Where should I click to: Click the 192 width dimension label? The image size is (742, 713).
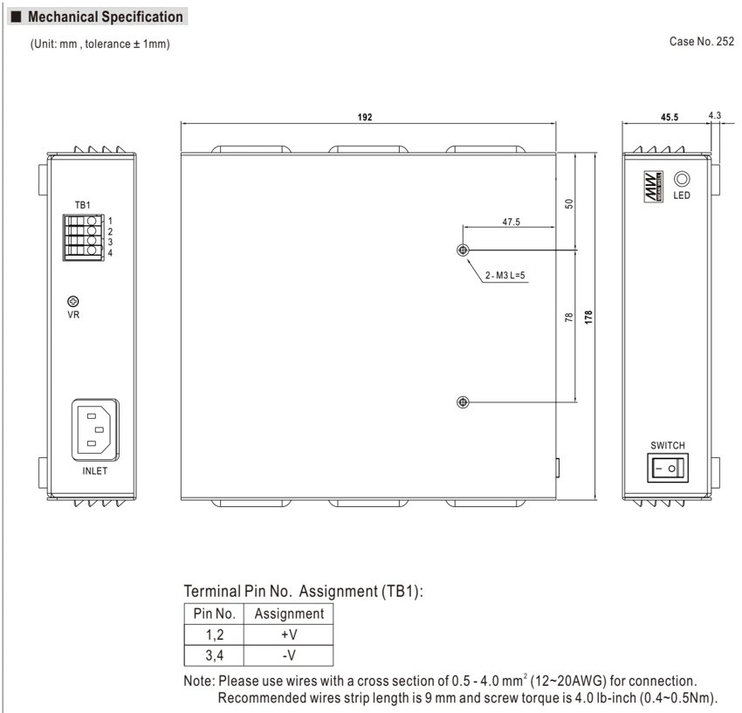pos(364,117)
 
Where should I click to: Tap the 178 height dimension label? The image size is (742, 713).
pos(588,317)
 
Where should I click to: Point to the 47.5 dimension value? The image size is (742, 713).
pos(511,222)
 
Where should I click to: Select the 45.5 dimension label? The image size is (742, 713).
pos(670,117)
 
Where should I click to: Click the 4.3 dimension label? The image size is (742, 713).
pos(715,115)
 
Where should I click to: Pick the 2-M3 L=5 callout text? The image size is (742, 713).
pos(505,276)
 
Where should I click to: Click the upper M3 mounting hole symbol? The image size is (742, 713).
pos(463,250)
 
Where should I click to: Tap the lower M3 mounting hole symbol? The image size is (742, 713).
pos(463,402)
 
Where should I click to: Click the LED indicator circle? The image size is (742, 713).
pos(682,179)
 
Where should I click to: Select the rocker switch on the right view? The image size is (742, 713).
pos(668,469)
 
